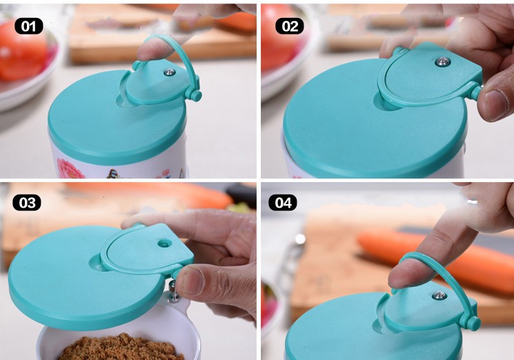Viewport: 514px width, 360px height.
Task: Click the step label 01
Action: click(x=29, y=26)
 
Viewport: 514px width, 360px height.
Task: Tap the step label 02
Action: click(x=290, y=26)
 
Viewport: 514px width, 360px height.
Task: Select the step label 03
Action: click(x=27, y=203)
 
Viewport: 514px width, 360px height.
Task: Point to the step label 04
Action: click(x=283, y=203)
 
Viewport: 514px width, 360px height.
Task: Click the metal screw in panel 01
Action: click(x=169, y=72)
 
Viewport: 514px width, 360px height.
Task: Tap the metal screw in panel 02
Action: click(x=442, y=62)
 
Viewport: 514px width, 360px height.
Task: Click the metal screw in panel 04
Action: click(x=439, y=295)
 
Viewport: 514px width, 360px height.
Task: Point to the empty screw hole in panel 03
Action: click(x=164, y=243)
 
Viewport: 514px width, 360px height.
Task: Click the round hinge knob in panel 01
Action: click(x=196, y=96)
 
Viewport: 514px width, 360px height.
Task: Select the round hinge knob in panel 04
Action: click(x=473, y=323)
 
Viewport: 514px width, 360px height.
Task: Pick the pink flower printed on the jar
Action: click(x=70, y=168)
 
